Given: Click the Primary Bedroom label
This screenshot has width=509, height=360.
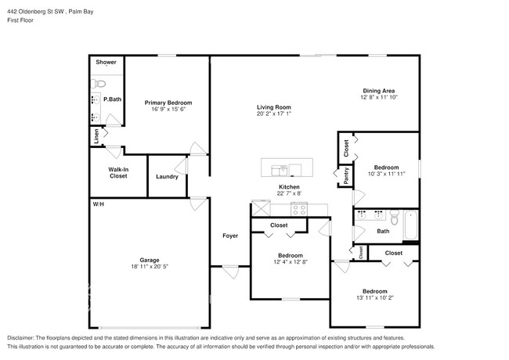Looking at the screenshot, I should tap(168, 103).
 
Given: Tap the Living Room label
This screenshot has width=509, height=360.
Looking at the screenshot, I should tap(274, 107).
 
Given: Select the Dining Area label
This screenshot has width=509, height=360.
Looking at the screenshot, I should tap(379, 90).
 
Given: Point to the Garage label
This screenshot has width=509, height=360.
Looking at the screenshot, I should tap(150, 260).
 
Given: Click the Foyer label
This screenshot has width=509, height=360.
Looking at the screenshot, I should tap(230, 236).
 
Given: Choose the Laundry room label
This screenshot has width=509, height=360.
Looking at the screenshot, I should tap(167, 176).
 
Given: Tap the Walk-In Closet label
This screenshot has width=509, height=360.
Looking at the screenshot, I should tap(118, 172).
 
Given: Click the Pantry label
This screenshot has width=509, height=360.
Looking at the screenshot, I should tap(345, 176).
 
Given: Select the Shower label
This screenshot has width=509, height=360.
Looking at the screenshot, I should tap(106, 62).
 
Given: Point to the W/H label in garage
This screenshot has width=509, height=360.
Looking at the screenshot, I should tap(99, 203).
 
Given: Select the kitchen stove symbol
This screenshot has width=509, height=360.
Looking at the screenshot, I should tap(299, 209).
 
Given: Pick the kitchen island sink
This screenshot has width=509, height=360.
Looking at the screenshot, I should tap(279, 169).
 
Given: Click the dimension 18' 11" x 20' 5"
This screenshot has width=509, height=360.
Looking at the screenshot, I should tap(150, 267).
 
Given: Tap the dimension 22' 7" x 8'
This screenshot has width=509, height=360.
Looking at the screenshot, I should tap(289, 194).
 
